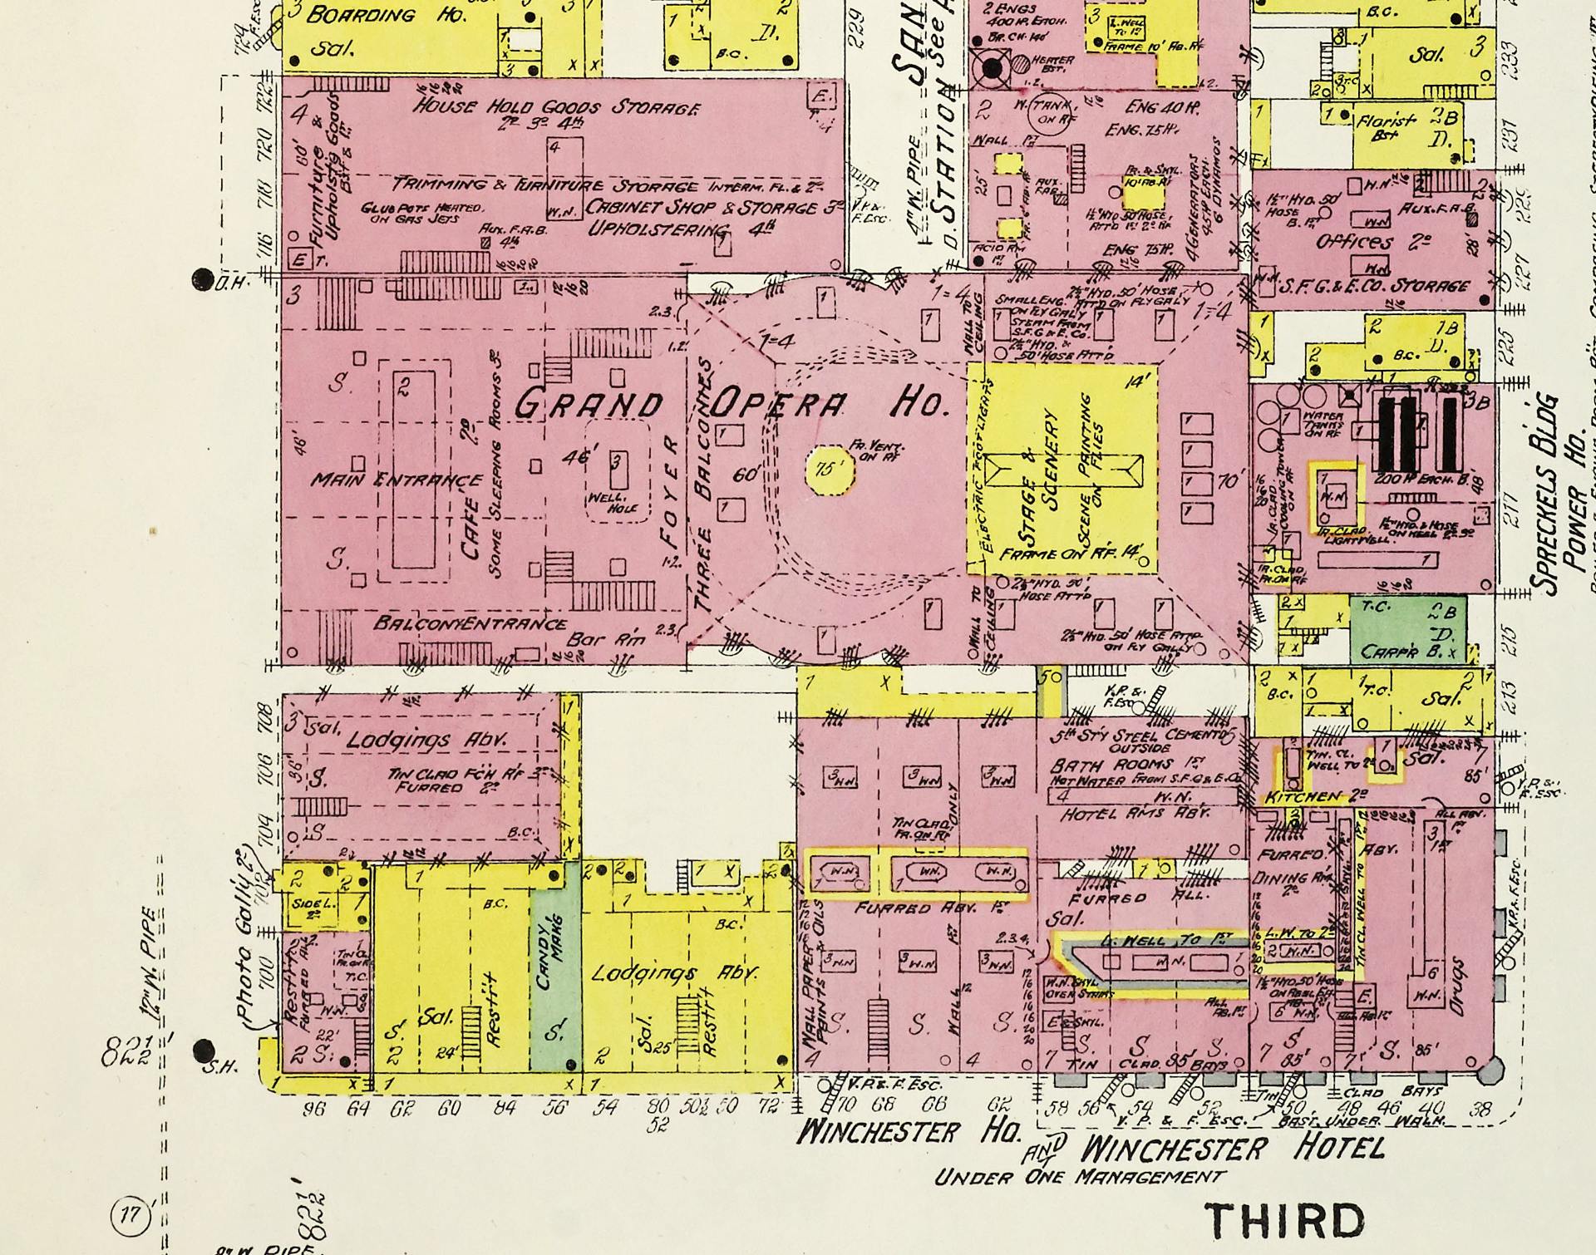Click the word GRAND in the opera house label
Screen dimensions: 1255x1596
click(588, 405)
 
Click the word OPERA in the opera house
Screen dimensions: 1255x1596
click(778, 405)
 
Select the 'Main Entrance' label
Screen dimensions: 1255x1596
click(396, 480)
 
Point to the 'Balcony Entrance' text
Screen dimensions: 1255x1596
click(470, 623)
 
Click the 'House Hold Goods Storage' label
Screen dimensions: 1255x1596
click(557, 108)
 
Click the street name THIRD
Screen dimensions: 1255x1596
click(1285, 1221)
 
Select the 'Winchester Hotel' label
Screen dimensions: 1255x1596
click(1233, 1149)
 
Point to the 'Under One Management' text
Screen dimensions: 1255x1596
click(1079, 1177)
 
